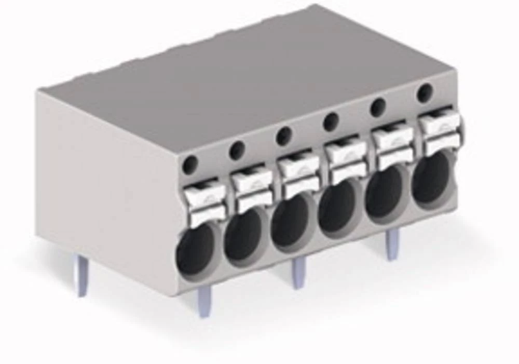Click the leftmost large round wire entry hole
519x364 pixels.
pyautogui.click(x=196, y=250)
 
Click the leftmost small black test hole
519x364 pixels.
pyautogui.click(x=190, y=165)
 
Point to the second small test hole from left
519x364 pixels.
pyautogui.click(x=237, y=150)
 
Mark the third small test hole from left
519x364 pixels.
pyautogui.click(x=284, y=136)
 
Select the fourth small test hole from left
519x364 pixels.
pyautogui.click(x=331, y=122)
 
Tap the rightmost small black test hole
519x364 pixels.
pyautogui.click(x=425, y=93)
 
